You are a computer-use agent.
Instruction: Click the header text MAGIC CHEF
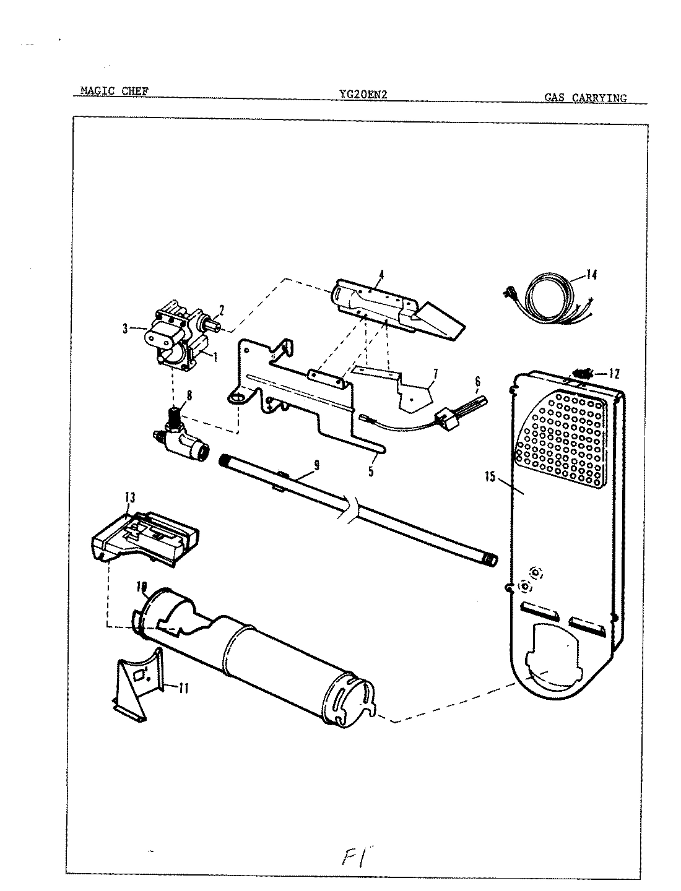pos(114,92)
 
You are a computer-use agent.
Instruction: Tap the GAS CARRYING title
pos(585,98)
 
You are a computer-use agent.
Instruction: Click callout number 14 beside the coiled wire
pos(592,275)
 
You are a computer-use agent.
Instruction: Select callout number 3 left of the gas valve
pos(126,330)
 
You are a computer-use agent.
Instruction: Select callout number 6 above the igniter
pos(477,382)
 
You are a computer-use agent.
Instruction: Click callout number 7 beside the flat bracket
pos(435,373)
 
